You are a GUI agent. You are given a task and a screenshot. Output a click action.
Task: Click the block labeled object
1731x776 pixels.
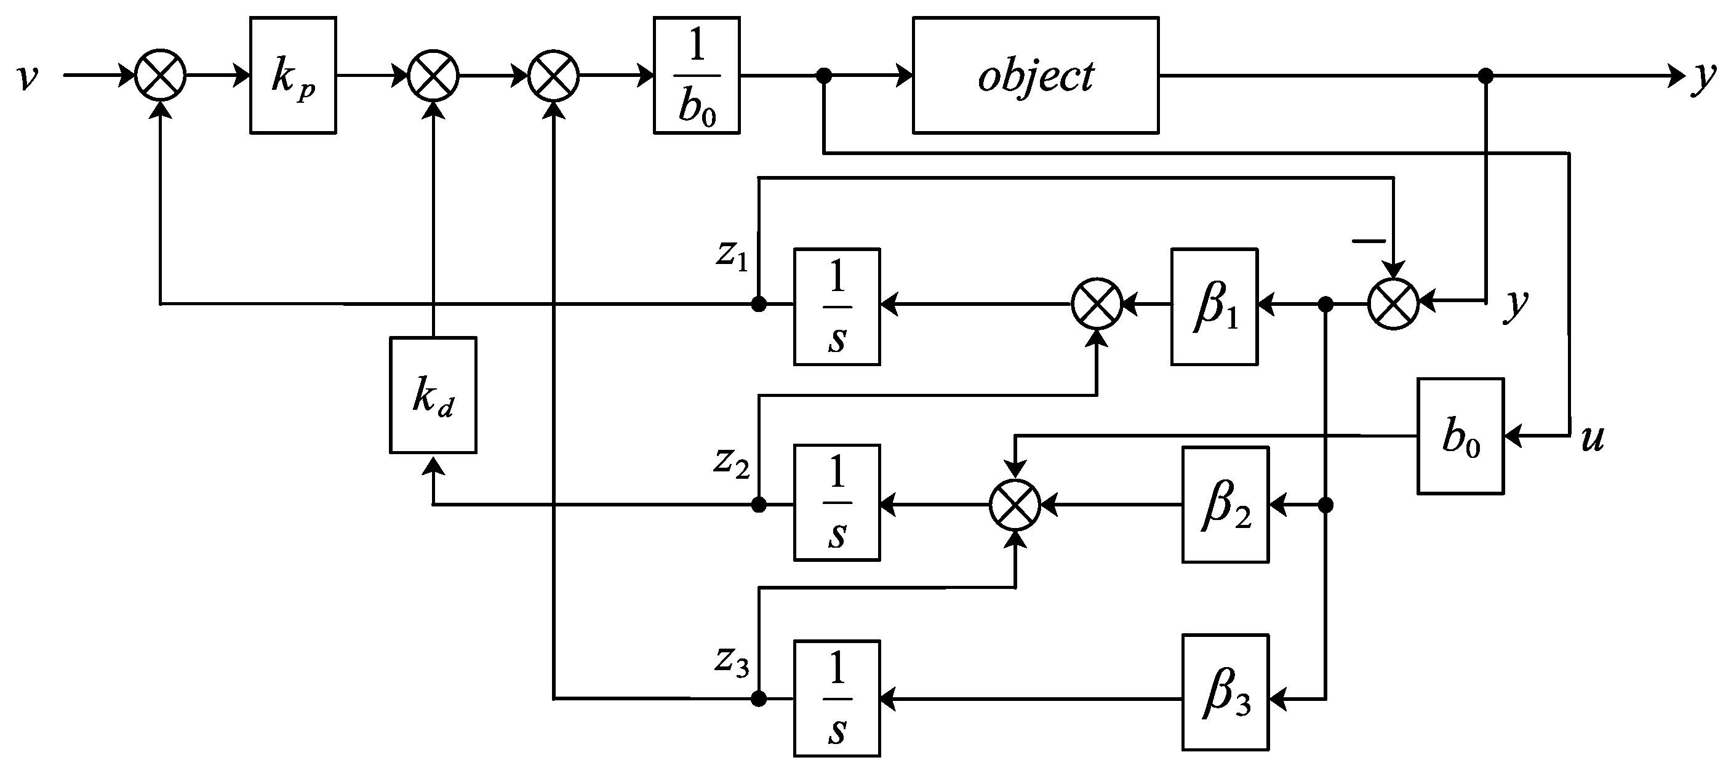(1035, 75)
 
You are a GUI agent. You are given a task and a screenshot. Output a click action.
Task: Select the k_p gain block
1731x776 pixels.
(293, 75)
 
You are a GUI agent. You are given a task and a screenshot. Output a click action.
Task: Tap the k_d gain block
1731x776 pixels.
(433, 395)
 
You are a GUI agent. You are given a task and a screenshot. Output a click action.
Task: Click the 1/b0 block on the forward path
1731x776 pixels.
(697, 75)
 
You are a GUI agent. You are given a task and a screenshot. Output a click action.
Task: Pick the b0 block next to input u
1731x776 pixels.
(1460, 437)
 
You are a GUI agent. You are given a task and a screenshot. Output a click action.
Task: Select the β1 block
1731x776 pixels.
(1214, 307)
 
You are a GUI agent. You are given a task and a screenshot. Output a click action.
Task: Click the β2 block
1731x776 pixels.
(1226, 505)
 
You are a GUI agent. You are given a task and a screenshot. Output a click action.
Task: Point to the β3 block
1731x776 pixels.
(1226, 692)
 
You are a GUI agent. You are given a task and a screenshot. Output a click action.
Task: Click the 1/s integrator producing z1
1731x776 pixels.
(837, 307)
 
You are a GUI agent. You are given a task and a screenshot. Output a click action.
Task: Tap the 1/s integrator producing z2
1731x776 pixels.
(837, 503)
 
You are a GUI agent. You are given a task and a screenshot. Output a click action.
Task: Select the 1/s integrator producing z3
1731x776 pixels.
(837, 698)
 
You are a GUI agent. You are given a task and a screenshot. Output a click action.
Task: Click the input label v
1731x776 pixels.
(28, 76)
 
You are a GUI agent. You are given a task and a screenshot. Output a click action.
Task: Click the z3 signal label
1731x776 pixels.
(731, 662)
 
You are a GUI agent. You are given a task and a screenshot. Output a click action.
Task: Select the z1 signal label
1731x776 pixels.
(731, 256)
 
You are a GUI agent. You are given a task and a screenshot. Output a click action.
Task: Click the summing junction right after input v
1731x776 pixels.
(161, 75)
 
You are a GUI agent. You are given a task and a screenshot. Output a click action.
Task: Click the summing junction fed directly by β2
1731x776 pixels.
(1015, 505)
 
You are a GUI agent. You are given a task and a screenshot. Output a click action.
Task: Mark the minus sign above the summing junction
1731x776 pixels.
(1368, 240)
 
